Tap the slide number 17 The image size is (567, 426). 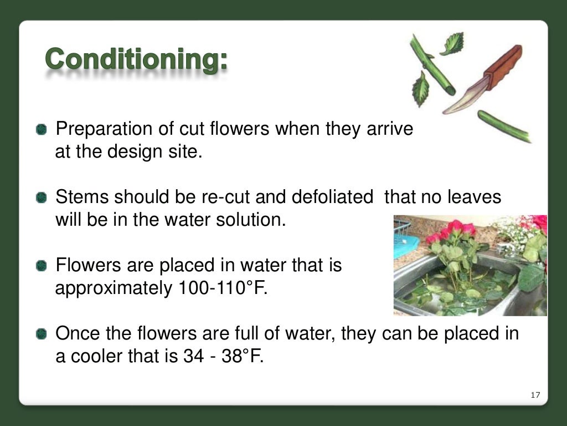click(535, 395)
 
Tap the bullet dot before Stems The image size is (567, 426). click(42, 197)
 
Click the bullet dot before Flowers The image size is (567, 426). click(42, 266)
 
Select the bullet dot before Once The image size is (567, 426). click(42, 334)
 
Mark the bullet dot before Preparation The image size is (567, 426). click(42, 130)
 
